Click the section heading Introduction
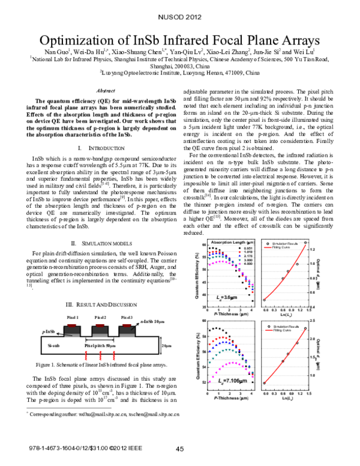point(97,147)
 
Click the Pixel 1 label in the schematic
point(73,316)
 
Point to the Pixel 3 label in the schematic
point(127,316)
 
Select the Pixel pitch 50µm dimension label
point(100,346)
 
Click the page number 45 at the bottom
point(179,449)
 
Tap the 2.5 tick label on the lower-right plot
point(314,321)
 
